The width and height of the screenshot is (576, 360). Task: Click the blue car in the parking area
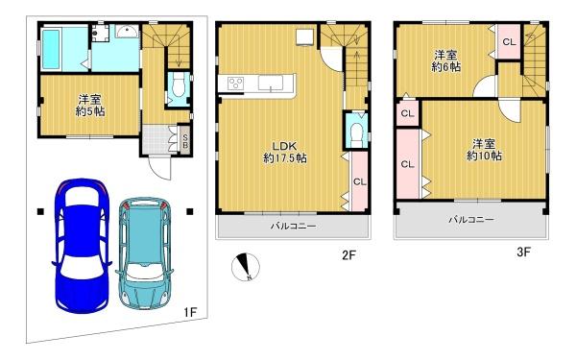click(82, 246)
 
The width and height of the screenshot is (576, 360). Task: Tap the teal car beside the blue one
click(144, 253)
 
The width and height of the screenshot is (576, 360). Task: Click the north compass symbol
click(245, 267)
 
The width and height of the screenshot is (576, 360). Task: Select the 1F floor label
click(191, 313)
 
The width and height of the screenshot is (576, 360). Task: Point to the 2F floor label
click(349, 255)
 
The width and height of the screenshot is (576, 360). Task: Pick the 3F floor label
click(523, 252)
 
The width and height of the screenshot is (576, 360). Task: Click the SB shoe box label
click(185, 141)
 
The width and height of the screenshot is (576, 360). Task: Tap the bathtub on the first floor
click(51, 49)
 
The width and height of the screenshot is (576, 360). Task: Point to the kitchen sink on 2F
click(271, 83)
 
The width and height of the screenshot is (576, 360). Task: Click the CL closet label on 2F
click(360, 181)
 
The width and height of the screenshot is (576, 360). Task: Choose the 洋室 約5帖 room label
click(90, 105)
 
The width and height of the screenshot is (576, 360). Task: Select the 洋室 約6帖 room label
click(446, 61)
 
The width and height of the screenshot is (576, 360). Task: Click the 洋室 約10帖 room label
click(484, 150)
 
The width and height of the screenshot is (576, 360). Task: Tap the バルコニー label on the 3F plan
click(471, 220)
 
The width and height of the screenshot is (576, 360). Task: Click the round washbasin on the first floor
click(128, 32)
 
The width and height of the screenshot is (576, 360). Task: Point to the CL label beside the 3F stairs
click(509, 42)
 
